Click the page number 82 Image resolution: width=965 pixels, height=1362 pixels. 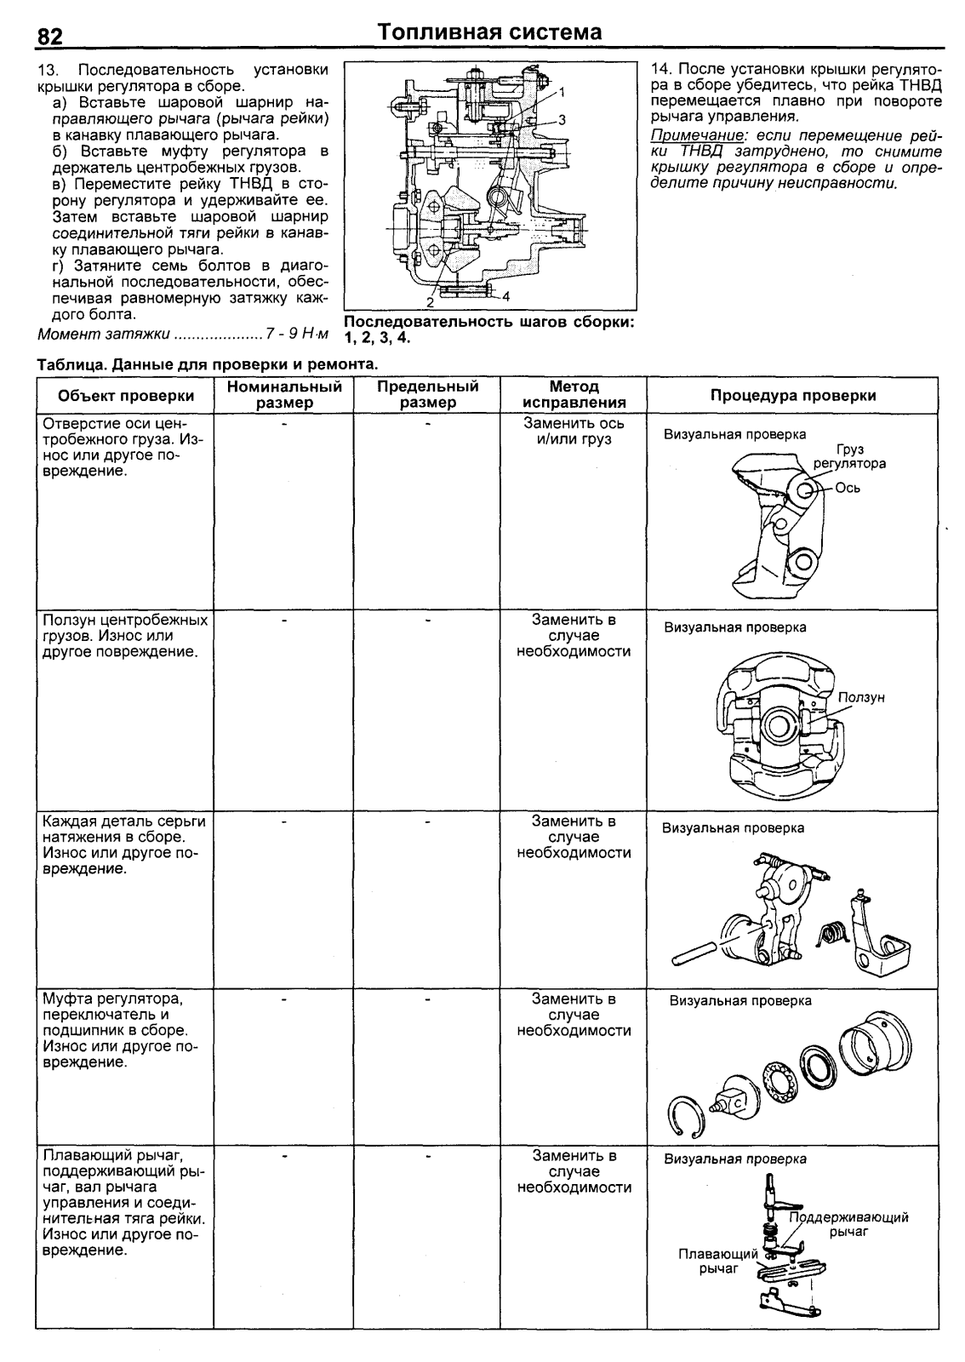50,37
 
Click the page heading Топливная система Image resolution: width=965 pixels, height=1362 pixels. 490,32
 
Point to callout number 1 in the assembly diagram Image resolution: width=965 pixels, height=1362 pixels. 562,90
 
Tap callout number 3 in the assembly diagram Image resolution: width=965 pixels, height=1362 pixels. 562,119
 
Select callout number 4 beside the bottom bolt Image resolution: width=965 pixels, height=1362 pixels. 505,296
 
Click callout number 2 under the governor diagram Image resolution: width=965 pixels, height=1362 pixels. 431,301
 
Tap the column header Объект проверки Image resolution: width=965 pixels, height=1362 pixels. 126,396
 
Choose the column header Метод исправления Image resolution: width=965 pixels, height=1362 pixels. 574,395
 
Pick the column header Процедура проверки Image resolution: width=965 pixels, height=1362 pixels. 793,396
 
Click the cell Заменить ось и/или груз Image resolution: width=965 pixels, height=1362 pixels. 574,431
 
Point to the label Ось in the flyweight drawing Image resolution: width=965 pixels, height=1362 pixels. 848,489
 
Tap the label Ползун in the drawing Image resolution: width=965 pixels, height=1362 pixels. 861,697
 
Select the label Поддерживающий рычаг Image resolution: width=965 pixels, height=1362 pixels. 849,1224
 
